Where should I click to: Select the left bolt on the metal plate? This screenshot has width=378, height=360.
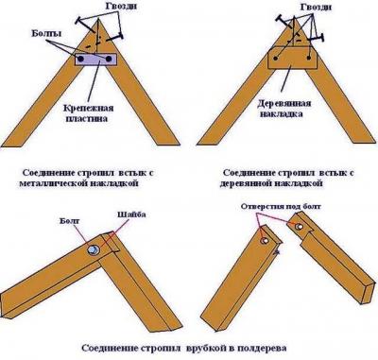pos(79,60)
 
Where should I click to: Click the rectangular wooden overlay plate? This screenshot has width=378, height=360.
pos(292,61)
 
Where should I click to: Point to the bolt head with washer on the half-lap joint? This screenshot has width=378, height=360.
pos(94,249)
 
